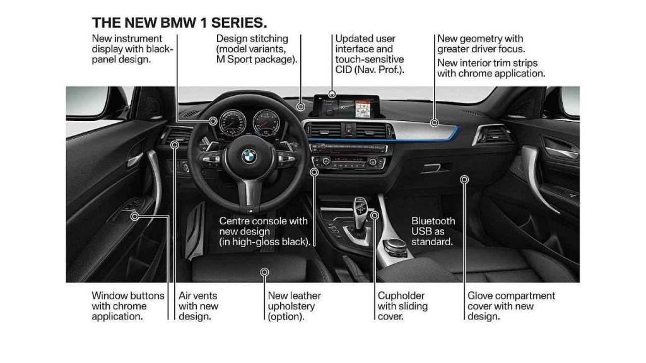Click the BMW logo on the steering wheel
(249, 156)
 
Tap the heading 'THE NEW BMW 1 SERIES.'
(179, 23)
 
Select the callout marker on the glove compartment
(464, 180)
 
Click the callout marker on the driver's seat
(265, 272)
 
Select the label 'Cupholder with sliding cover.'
(402, 306)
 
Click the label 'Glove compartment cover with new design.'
(511, 306)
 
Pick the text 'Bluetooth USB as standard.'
(433, 231)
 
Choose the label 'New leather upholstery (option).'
(294, 306)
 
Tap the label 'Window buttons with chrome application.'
(128, 306)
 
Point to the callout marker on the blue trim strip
(434, 122)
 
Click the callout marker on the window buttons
(135, 217)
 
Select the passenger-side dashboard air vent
(493, 134)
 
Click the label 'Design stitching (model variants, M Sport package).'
(256, 49)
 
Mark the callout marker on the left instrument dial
(214, 121)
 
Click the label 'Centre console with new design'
(264, 231)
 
